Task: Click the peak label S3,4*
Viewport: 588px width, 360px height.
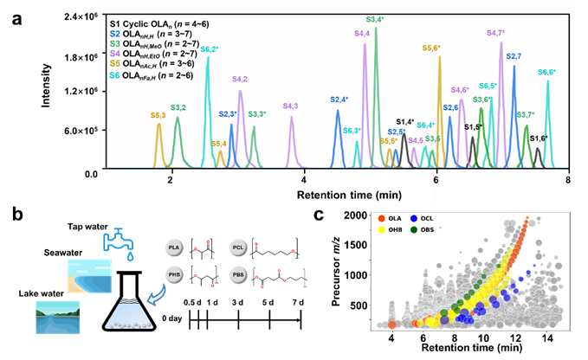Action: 375,18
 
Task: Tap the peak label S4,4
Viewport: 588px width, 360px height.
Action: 362,33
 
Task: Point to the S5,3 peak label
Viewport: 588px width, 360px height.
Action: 158,114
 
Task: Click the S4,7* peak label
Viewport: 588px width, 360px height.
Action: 496,33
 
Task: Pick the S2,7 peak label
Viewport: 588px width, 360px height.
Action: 513,56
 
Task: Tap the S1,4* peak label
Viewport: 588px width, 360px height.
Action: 405,122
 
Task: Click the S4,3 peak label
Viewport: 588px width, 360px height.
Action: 291,106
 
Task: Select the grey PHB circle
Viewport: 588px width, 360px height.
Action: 173,275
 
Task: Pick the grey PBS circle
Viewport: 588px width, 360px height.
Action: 239,275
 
